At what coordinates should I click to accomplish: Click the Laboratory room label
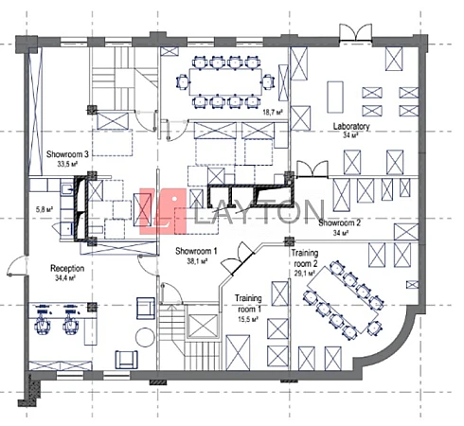[351, 127]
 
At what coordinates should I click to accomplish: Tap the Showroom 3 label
[67, 154]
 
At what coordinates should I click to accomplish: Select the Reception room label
[67, 269]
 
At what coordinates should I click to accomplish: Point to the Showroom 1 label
[196, 251]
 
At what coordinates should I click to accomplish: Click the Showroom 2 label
[339, 222]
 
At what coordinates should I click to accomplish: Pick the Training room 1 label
[248, 304]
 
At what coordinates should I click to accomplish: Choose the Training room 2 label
[305, 258]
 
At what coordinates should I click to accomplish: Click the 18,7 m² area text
[273, 113]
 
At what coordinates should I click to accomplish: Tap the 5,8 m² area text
[44, 209]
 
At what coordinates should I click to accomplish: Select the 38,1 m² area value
[197, 261]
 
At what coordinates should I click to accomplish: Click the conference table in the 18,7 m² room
[225, 82]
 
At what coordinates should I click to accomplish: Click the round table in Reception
[145, 337]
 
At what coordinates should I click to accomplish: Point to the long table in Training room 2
[343, 300]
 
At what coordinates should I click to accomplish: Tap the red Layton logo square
[163, 211]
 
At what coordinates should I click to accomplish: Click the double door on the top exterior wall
[356, 32]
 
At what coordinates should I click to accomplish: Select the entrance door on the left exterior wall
[16, 266]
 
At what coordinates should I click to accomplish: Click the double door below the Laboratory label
[312, 169]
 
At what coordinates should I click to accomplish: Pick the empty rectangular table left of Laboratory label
[335, 98]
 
